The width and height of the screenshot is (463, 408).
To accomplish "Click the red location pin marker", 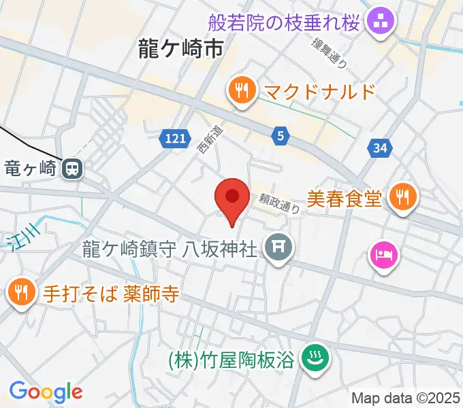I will [x=231, y=199].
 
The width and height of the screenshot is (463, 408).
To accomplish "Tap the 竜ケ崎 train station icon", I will [x=71, y=167].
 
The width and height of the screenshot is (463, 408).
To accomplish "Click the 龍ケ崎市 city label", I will [x=180, y=48].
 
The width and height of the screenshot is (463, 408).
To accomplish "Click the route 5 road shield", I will [x=280, y=136].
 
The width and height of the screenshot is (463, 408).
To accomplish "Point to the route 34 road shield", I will [x=381, y=147].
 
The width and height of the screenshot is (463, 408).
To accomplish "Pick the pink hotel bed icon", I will [x=382, y=256].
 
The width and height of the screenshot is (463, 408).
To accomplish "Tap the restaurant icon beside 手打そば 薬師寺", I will [x=20, y=293].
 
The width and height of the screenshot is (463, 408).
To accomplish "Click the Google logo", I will [x=46, y=392].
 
